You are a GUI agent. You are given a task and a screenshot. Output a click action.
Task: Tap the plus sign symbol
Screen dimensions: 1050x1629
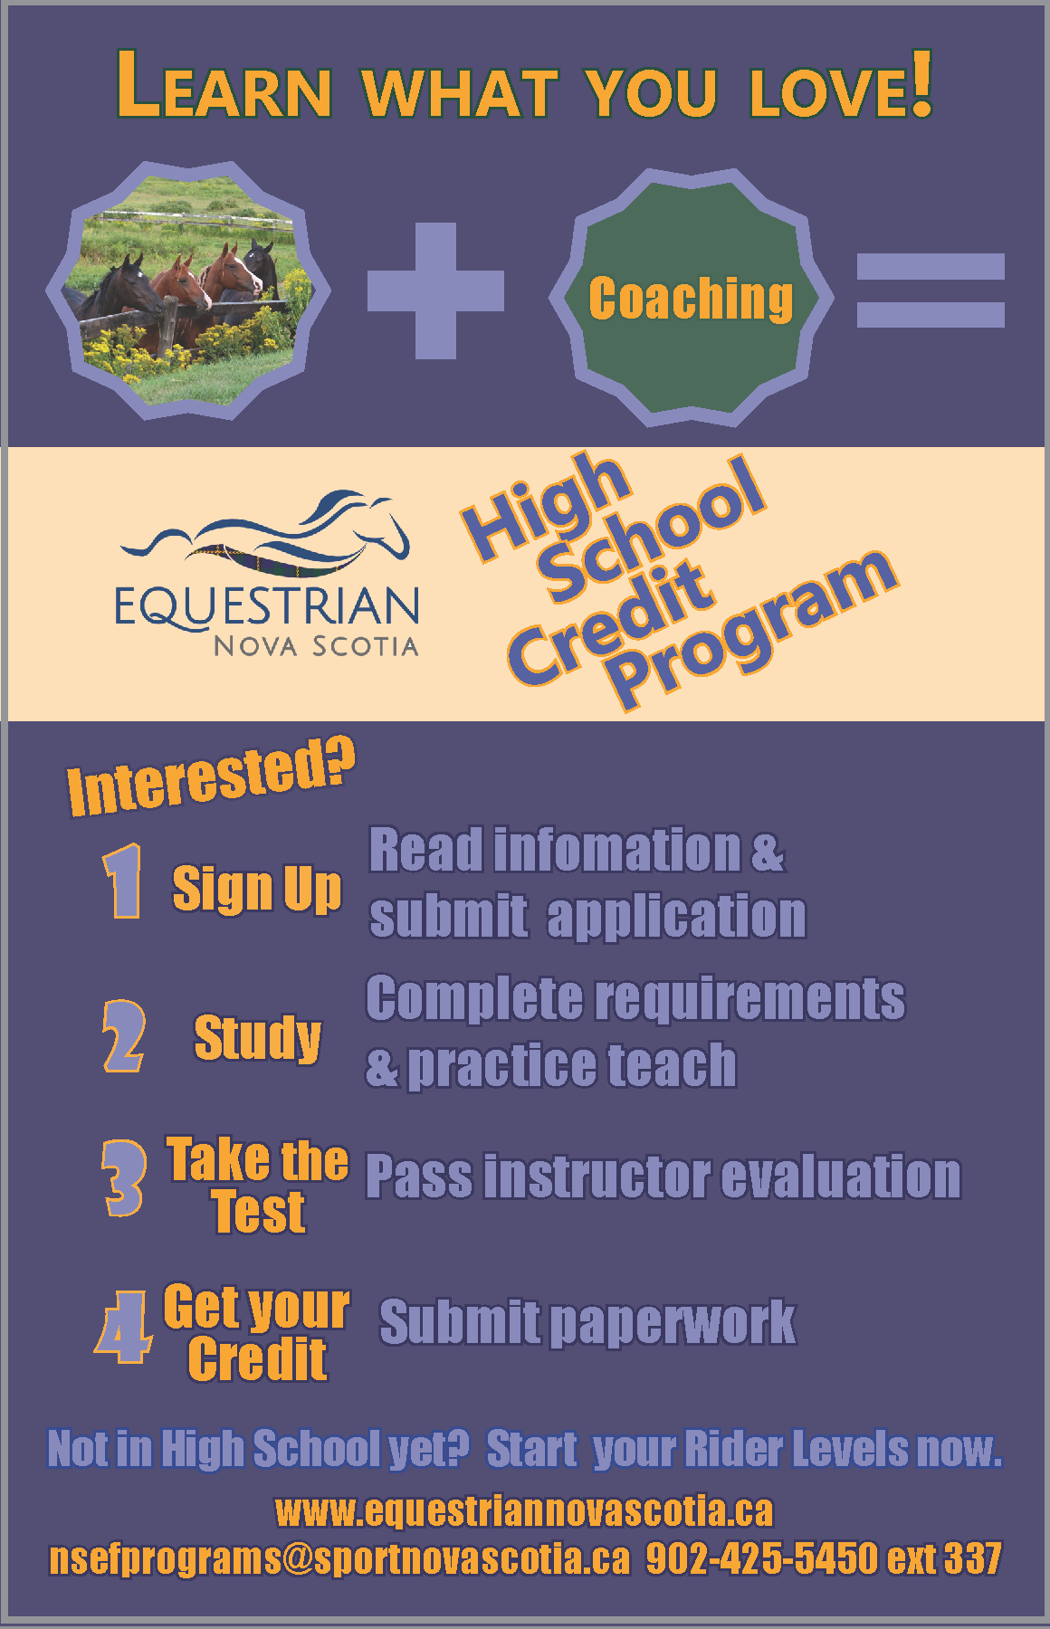[x=435, y=291]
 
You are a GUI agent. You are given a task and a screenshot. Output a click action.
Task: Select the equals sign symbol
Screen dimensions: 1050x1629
[x=931, y=290]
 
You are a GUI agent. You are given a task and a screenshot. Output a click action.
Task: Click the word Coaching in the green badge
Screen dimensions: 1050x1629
[x=691, y=298]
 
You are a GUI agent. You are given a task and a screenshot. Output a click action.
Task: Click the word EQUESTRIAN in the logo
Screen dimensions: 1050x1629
[x=267, y=606]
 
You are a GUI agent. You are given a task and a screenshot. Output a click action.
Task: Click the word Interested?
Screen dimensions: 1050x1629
[x=211, y=776]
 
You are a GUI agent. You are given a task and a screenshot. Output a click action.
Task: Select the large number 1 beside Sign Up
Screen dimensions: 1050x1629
[x=124, y=881]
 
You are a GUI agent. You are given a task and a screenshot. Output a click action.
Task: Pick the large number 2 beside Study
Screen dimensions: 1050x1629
[x=124, y=1036]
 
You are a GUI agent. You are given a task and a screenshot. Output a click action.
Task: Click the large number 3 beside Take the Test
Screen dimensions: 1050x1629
[x=124, y=1177]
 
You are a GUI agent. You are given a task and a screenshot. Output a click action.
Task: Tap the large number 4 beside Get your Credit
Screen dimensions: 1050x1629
[x=123, y=1328]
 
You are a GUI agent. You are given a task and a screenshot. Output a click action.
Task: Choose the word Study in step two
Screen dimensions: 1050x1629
[x=258, y=1037]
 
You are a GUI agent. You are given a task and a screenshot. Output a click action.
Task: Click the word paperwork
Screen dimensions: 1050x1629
[x=673, y=1323]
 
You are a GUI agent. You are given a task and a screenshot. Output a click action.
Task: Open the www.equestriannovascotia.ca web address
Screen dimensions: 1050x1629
[x=524, y=1510]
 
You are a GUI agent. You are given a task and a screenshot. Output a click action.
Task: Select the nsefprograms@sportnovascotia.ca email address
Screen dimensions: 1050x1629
[x=339, y=1558]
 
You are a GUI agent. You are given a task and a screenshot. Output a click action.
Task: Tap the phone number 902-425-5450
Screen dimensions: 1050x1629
[x=761, y=1558]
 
